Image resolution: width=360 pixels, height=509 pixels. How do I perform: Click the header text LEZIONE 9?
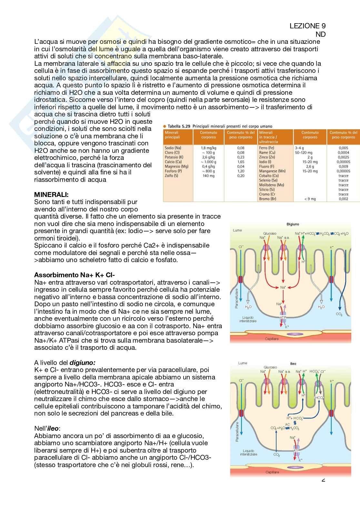click(307, 26)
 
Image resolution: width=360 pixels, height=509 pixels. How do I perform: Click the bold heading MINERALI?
click(51, 195)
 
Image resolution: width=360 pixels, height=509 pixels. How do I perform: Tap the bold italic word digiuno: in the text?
click(83, 363)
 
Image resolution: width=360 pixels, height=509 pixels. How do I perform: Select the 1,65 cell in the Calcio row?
click(241, 162)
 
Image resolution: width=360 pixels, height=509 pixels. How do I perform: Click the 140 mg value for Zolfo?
click(208, 176)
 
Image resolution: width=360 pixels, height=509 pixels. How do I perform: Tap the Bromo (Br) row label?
click(267, 199)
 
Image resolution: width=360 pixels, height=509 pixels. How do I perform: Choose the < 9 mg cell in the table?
click(310, 199)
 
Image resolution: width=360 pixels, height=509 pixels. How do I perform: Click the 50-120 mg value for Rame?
click(304, 152)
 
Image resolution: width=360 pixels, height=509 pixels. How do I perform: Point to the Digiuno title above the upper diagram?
click(293, 224)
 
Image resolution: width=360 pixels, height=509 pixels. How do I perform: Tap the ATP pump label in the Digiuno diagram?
click(283, 317)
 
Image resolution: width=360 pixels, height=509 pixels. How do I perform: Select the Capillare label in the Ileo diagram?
click(272, 472)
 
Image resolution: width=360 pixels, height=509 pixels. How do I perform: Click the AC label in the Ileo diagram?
click(288, 424)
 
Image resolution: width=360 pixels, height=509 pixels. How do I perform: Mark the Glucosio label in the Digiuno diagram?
click(270, 233)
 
